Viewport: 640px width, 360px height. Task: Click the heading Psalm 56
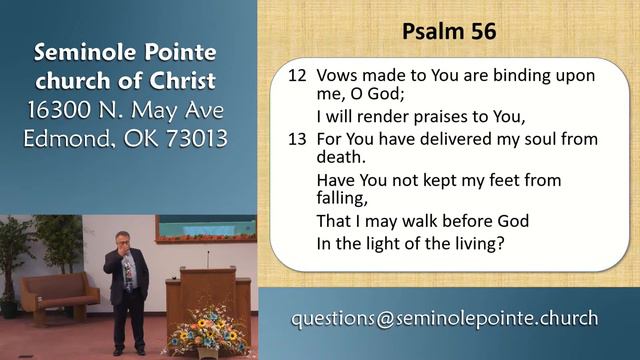tap(448, 32)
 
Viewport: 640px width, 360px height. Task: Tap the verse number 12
tap(296, 76)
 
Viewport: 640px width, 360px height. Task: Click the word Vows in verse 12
tap(336, 76)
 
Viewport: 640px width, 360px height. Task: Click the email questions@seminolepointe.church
tap(444, 319)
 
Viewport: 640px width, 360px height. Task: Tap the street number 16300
tap(64, 107)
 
